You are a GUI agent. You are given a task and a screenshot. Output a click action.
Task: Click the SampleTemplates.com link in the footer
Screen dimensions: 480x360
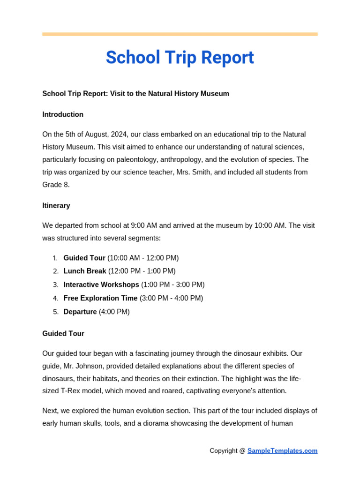point(282,451)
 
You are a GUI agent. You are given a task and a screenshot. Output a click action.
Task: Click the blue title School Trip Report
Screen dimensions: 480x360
point(180,58)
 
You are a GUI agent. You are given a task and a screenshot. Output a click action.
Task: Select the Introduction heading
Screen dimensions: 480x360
point(63,114)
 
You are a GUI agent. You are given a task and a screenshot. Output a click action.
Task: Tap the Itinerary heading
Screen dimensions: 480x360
point(56,205)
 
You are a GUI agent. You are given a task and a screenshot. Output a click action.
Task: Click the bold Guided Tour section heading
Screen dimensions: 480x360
point(63,334)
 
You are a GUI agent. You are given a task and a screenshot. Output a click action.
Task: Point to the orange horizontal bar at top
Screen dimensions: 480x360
point(180,34)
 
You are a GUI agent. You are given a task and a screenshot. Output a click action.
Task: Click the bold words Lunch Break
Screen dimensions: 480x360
point(85,271)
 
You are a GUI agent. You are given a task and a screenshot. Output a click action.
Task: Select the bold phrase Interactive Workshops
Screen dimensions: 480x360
point(101,285)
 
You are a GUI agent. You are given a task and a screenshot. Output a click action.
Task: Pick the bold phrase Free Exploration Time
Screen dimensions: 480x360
point(100,298)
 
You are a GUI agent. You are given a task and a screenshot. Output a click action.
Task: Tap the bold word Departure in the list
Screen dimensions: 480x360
point(80,312)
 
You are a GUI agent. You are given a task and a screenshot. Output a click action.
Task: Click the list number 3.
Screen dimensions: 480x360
point(55,285)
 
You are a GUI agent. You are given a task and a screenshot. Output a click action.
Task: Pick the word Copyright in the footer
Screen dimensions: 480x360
point(224,451)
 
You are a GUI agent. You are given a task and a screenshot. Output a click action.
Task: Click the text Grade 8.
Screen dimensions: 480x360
point(56,185)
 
